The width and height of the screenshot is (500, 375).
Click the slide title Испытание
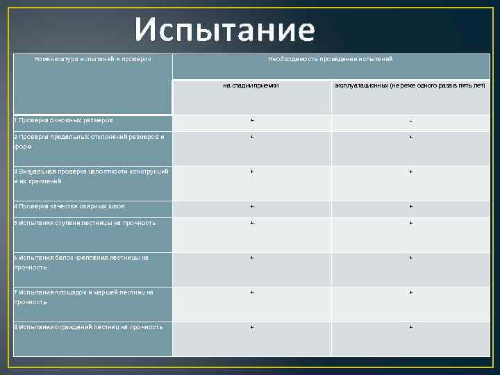tap(225, 30)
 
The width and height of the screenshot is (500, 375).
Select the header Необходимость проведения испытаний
tap(331, 59)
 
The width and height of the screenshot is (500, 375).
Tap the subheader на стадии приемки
tap(251, 85)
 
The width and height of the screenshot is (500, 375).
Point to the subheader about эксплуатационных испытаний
tap(410, 85)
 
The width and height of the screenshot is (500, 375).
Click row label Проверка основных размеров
tap(65, 120)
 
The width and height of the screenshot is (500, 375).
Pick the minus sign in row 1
tap(410, 121)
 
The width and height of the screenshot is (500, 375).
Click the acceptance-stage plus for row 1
tap(252, 120)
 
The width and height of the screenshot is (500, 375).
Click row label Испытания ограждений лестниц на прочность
tap(88, 326)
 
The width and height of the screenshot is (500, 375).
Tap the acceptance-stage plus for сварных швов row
tap(252, 206)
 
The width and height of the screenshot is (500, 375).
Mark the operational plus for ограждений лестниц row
tap(410, 326)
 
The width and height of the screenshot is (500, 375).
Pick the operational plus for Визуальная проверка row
tap(410, 171)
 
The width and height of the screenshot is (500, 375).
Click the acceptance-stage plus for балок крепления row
tap(252, 258)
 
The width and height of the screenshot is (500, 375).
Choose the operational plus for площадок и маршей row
tap(410, 292)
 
